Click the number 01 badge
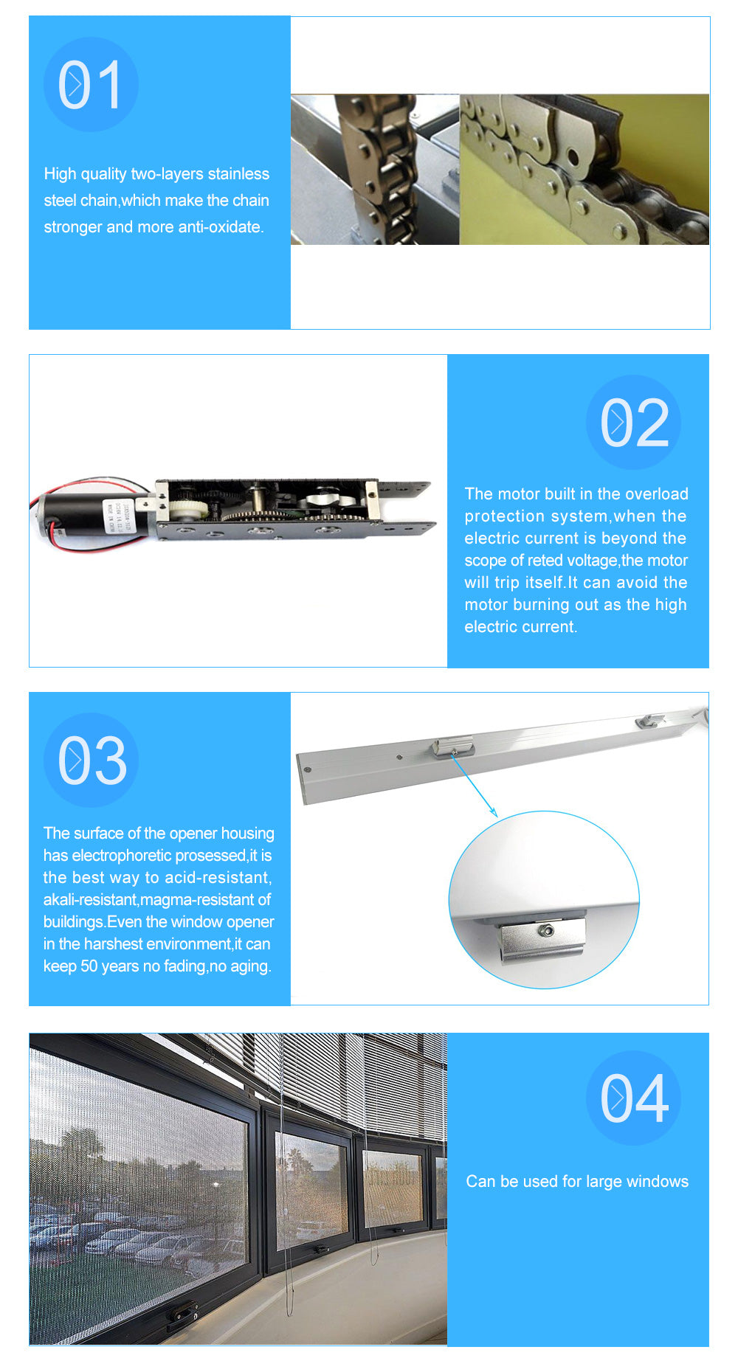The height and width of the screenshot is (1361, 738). click(91, 85)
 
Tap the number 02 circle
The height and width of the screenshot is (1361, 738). click(633, 422)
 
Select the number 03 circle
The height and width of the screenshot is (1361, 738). click(91, 760)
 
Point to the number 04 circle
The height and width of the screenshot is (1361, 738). click(633, 1098)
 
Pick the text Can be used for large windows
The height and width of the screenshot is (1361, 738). click(576, 1182)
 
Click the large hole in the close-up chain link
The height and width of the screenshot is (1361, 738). click(573, 157)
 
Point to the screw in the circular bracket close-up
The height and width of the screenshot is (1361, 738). click(547, 931)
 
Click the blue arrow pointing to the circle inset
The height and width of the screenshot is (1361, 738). click(473, 786)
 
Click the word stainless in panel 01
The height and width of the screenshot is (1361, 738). click(238, 174)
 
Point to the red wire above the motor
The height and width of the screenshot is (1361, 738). click(89, 483)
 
